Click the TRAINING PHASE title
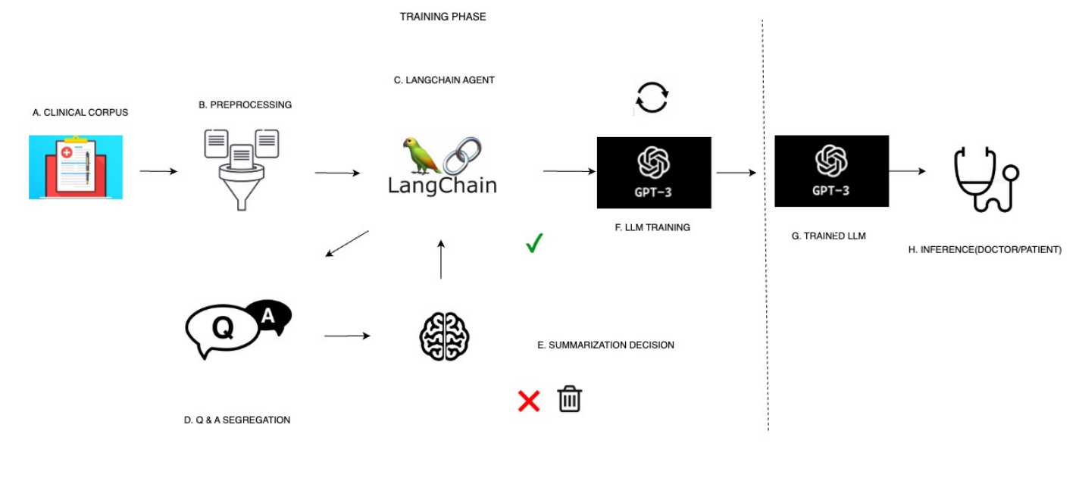click(x=443, y=17)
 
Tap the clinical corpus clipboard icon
click(x=76, y=167)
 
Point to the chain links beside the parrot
click(x=462, y=155)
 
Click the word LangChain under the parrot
click(x=442, y=185)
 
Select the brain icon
click(x=445, y=336)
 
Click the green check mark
click(x=534, y=243)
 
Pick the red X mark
click(x=528, y=401)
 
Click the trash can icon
click(x=569, y=398)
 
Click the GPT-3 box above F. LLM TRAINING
click(x=654, y=173)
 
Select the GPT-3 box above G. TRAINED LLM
click(x=831, y=170)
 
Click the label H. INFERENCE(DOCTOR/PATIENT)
click(x=984, y=249)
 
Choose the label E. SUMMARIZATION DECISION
click(x=605, y=345)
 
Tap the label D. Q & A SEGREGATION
click(x=237, y=420)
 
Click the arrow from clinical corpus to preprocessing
click(x=158, y=171)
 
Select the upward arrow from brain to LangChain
click(x=441, y=259)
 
